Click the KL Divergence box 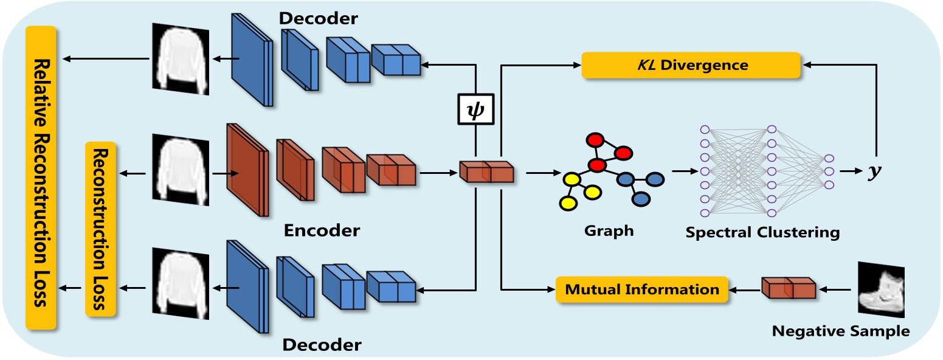click(x=691, y=65)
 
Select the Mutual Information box click(x=642, y=289)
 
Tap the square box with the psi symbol click(x=475, y=109)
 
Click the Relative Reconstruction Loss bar click(x=41, y=178)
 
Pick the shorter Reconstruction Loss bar click(x=100, y=229)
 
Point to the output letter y click(x=874, y=171)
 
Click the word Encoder click(x=322, y=230)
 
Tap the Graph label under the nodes click(x=609, y=231)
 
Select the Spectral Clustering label click(x=762, y=232)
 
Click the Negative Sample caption click(x=841, y=331)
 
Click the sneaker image click(x=881, y=289)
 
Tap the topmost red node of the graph click(x=595, y=140)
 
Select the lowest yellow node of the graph click(x=568, y=204)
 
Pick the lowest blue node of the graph click(x=641, y=199)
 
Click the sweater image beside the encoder click(x=181, y=170)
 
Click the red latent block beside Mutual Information click(x=789, y=288)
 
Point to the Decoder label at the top click(x=318, y=18)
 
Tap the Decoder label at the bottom click(x=322, y=345)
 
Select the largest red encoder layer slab click(x=247, y=170)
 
